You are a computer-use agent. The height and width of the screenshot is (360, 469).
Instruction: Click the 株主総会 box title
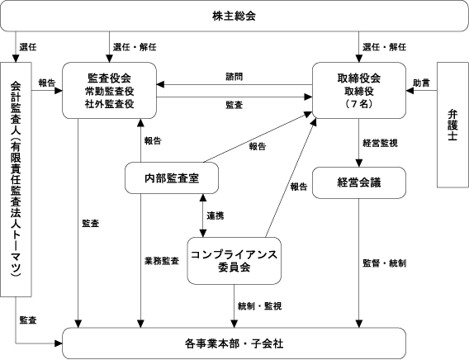click(234, 16)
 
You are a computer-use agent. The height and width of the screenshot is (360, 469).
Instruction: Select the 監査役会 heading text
click(109, 78)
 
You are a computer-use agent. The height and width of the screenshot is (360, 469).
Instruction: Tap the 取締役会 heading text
click(359, 78)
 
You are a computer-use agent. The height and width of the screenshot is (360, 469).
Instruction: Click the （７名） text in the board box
click(359, 104)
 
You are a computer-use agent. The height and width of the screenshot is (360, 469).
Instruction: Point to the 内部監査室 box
click(172, 178)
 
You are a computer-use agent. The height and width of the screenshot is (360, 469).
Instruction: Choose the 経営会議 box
click(359, 182)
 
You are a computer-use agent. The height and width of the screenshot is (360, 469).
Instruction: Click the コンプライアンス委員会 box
click(234, 261)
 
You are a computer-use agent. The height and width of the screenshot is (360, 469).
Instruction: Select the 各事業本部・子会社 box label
click(234, 343)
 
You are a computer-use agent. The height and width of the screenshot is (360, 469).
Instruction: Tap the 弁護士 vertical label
click(452, 125)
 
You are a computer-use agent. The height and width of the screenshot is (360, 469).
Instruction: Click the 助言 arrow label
click(421, 83)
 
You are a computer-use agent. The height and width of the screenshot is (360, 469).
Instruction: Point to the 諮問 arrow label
click(234, 77)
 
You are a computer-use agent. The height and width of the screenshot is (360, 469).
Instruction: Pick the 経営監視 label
click(380, 143)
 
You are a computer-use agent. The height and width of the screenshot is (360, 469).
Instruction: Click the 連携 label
click(216, 216)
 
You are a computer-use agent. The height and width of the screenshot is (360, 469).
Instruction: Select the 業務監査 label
click(162, 261)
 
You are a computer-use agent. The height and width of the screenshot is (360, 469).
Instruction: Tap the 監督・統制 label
click(384, 263)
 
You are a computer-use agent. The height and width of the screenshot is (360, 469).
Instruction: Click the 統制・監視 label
click(259, 306)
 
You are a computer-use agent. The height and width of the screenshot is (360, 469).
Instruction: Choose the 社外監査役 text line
click(109, 104)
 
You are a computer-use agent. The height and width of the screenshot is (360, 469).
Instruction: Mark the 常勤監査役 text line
click(109, 91)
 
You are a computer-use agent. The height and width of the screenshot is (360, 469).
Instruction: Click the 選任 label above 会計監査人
click(28, 47)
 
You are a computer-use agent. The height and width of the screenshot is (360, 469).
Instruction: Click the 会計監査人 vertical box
click(16, 179)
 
